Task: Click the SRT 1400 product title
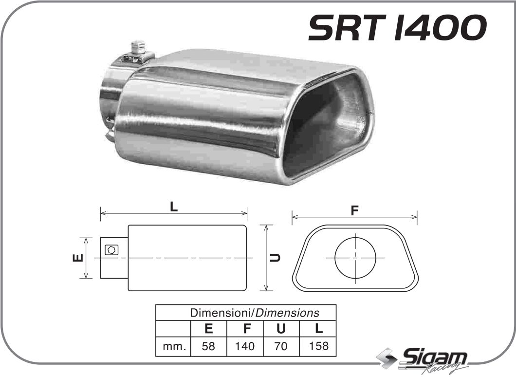397,27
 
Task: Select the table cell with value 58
208,346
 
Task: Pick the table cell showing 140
245,346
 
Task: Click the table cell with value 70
281,346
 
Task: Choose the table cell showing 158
318,346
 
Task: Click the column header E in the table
208,329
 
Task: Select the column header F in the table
245,329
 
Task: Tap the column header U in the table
281,329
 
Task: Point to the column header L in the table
318,329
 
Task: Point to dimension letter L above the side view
174,207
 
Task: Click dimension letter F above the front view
354,210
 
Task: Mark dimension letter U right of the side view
276,258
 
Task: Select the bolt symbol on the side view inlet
111,250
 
